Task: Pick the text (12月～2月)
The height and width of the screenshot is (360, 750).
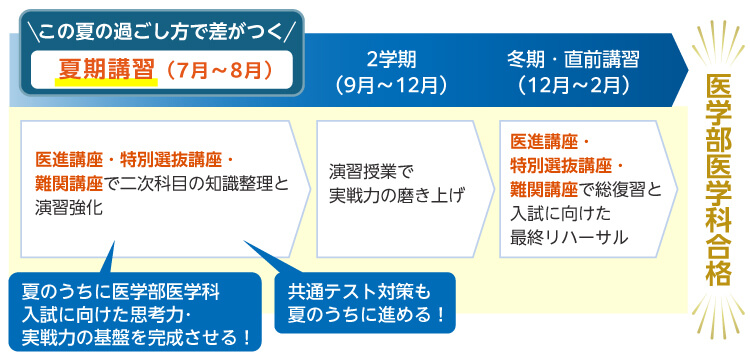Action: [572, 83]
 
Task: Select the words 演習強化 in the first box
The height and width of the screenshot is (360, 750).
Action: [69, 207]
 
